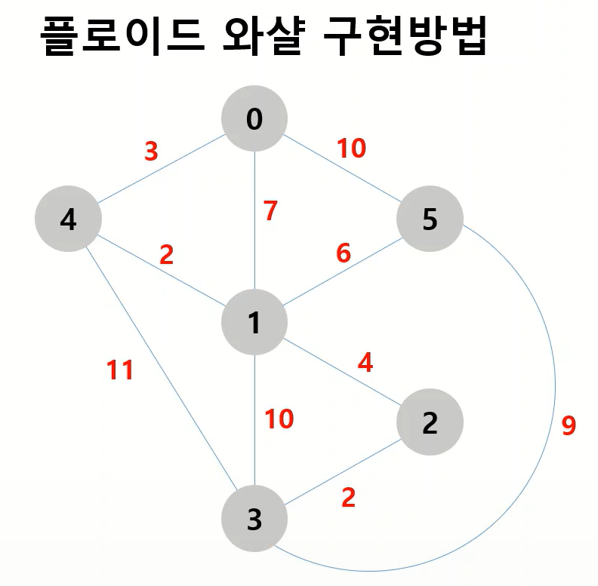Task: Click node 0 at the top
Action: [254, 118]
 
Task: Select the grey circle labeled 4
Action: [68, 220]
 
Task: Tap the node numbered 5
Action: [430, 220]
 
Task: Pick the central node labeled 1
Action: [254, 323]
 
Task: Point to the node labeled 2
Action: [430, 423]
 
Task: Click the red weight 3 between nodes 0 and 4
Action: [151, 152]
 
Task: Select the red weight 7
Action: [270, 211]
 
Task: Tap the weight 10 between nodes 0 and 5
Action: [351, 149]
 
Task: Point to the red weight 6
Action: [344, 253]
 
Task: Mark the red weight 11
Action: [119, 370]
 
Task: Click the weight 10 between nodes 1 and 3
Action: [279, 419]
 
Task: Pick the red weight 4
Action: [365, 363]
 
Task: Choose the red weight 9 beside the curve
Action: [569, 426]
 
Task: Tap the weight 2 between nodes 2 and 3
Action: [348, 498]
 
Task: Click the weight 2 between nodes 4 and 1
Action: [166, 255]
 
